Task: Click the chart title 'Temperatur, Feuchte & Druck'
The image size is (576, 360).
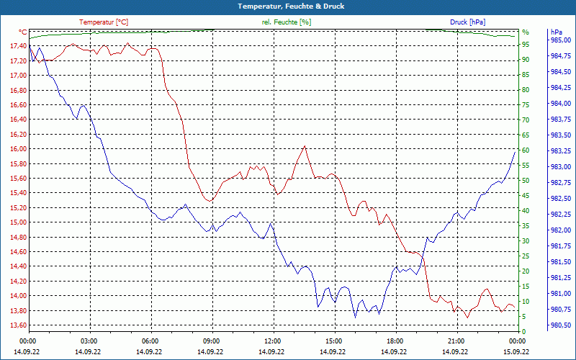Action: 288,6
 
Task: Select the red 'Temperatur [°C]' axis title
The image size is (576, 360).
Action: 104,22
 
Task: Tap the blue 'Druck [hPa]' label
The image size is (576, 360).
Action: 467,22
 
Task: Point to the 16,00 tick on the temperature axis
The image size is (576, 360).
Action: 18,149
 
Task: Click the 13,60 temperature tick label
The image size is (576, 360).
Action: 18,325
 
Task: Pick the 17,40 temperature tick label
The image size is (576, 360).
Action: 18,46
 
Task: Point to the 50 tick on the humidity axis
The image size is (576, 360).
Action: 526,181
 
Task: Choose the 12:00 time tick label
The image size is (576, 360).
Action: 273,341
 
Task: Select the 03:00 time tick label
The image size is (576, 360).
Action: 89,341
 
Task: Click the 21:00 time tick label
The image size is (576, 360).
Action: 456,341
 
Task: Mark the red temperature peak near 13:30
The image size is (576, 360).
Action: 305,146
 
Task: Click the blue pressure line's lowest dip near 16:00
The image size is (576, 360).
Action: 355,317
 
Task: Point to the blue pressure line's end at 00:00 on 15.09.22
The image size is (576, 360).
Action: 516,151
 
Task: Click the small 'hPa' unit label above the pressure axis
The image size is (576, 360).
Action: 557,32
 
